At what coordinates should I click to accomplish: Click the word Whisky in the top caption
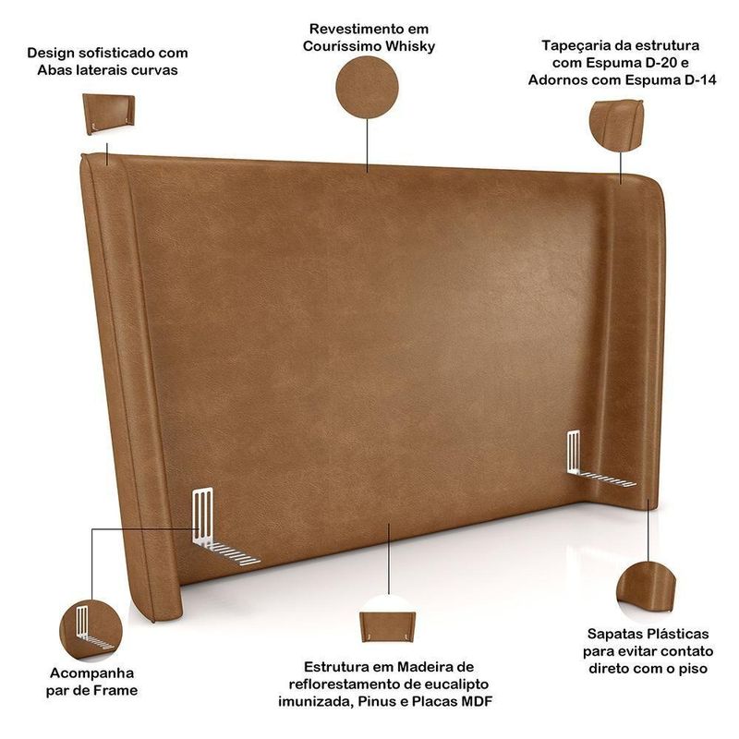pos(409,47)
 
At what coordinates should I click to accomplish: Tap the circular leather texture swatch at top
pos(367,88)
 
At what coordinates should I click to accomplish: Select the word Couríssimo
pos(342,46)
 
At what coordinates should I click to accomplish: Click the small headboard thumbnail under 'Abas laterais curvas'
pos(108,114)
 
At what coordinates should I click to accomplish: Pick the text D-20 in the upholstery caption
pos(662,63)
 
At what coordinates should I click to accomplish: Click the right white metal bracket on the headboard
pos(596,461)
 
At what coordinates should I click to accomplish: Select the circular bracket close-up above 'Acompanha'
pos(91,630)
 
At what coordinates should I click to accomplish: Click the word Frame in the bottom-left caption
pos(115,690)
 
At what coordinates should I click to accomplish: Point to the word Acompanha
pos(91,673)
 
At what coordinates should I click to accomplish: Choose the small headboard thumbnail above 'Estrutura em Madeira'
pos(388,626)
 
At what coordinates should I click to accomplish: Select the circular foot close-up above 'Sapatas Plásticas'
pos(646,592)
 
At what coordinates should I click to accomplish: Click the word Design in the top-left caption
pos(50,54)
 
